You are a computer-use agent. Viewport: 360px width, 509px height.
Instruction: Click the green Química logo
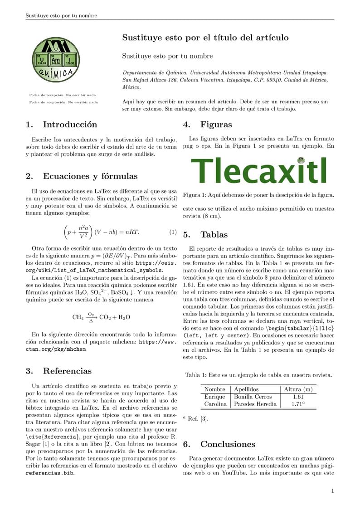(x=57, y=59)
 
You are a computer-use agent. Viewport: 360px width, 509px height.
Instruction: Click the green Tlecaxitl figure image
(x=258, y=171)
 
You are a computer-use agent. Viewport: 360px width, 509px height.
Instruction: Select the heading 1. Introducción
(x=61, y=125)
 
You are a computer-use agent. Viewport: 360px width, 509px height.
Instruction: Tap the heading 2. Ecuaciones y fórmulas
(x=81, y=176)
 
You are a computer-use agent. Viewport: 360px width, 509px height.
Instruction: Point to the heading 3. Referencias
(x=58, y=371)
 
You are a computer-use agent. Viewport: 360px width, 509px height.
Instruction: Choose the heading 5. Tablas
(x=205, y=235)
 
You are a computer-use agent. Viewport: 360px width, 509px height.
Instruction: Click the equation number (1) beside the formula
(x=173, y=233)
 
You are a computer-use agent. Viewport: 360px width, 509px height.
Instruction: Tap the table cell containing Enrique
(x=214, y=397)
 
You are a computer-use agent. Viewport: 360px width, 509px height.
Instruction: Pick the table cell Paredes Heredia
(x=255, y=404)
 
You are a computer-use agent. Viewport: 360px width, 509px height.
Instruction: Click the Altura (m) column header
(x=298, y=389)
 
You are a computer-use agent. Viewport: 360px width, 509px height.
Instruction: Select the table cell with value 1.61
(x=297, y=397)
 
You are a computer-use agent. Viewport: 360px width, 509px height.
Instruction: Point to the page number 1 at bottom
(x=332, y=491)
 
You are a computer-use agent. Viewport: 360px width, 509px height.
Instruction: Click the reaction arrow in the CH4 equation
(x=91, y=317)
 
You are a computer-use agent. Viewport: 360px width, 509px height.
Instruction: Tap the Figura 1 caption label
(x=194, y=195)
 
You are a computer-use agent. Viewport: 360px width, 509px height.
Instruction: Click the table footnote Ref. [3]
(x=196, y=419)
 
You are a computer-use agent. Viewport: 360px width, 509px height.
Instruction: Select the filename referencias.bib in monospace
(x=49, y=473)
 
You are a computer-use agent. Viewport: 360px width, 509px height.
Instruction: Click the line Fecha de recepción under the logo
(x=62, y=95)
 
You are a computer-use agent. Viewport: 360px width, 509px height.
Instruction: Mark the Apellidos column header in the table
(x=246, y=389)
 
